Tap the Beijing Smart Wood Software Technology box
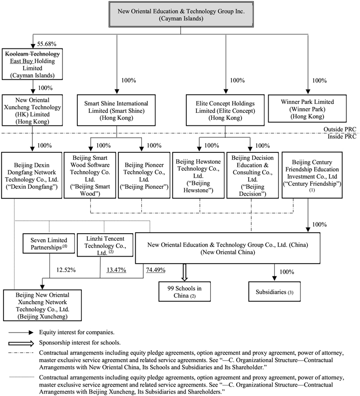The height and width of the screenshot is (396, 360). click(x=90, y=173)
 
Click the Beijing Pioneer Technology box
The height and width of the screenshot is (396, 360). click(x=142, y=173)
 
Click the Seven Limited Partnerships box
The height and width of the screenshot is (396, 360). click(x=48, y=243)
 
